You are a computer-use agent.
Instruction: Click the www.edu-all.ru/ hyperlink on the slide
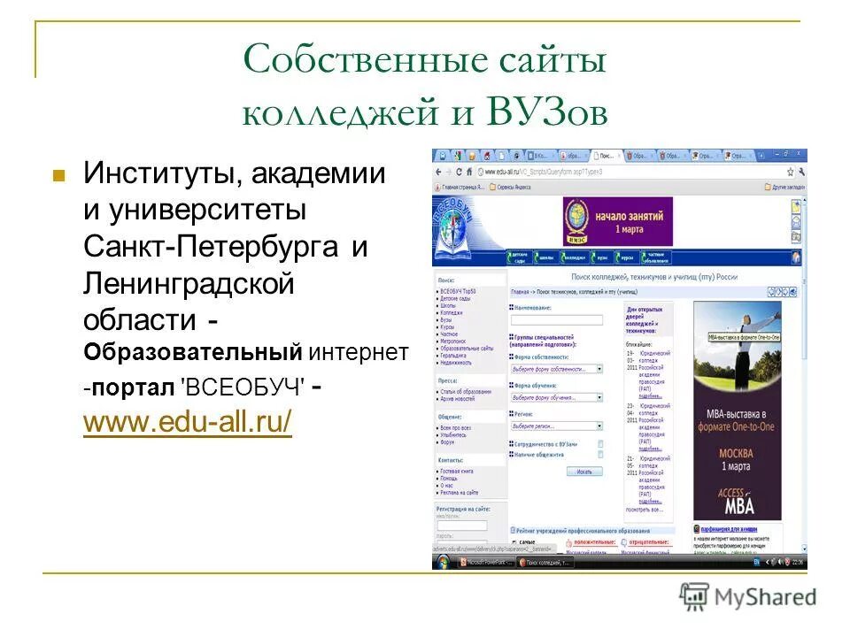tap(187, 422)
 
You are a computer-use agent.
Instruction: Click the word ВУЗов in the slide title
tap(546, 114)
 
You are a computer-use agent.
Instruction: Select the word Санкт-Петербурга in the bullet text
tap(212, 248)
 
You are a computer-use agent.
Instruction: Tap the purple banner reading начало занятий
tap(617, 221)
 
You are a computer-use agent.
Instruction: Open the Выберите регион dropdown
tap(556, 426)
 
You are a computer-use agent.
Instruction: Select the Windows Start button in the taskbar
tap(440, 562)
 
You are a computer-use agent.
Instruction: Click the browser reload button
tap(459, 172)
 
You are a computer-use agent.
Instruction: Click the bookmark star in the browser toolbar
tap(790, 172)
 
